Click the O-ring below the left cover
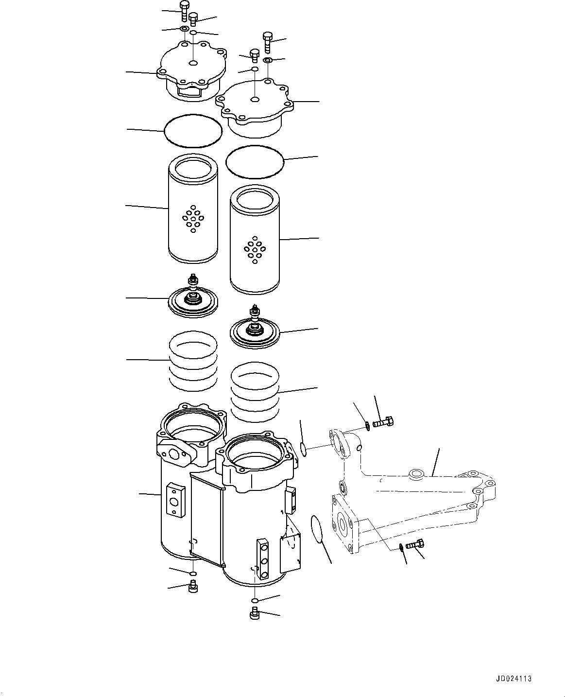(x=193, y=130)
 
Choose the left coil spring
(x=193, y=360)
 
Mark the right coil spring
(x=255, y=392)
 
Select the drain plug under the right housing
(x=254, y=615)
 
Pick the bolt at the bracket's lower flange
(x=414, y=545)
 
